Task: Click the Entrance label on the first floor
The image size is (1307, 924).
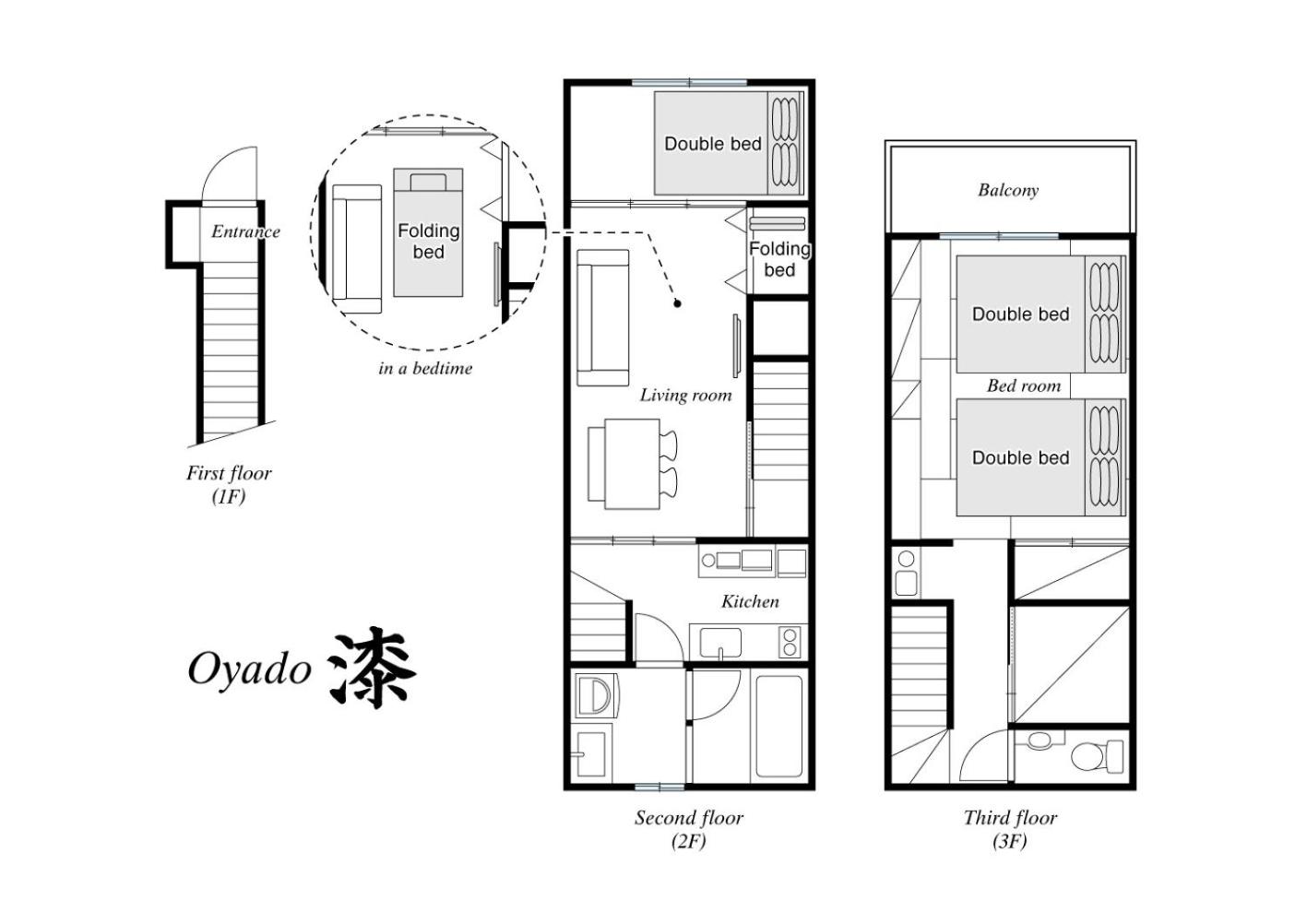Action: coord(245,231)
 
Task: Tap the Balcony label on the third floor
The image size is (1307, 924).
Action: coord(1008,190)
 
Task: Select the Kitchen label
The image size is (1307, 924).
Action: coord(750,601)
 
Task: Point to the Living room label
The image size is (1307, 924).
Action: coord(685,395)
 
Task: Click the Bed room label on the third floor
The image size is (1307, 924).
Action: coord(1024,385)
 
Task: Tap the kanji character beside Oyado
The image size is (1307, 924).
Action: coord(372,668)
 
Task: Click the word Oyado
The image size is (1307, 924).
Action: coord(250,669)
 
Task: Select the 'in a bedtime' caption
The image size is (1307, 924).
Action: coord(425,369)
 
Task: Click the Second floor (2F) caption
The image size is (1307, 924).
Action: coord(689,829)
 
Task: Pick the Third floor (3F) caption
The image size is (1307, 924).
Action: coord(1010,829)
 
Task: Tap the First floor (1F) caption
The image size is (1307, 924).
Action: coord(229,484)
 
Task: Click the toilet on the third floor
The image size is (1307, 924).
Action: coord(1097,756)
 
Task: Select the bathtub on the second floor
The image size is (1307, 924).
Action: coord(779,727)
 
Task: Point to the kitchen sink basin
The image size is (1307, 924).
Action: coord(720,642)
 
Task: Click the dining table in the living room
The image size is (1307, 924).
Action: coord(632,464)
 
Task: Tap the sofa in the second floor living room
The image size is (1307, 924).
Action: coord(602,318)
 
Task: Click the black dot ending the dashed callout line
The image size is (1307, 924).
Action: coord(677,303)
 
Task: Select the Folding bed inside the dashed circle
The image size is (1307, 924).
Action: coord(428,232)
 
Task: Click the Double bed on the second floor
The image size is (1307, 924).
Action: coord(729,143)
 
